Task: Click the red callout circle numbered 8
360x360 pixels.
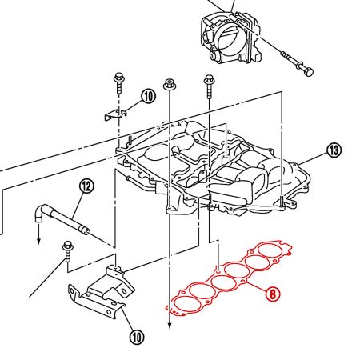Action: point(272,294)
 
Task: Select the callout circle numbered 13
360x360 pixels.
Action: point(334,150)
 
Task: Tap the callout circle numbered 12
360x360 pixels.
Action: point(86,186)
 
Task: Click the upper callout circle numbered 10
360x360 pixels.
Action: point(148,96)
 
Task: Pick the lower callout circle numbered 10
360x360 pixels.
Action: point(137,337)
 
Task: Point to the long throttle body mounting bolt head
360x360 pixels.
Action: point(309,71)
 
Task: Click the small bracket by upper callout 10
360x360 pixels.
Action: point(115,114)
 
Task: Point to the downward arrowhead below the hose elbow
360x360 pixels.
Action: point(39,241)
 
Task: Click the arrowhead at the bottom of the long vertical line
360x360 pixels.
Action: point(170,326)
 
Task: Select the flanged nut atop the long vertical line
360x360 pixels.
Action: point(169,85)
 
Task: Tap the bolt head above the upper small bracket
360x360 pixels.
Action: point(118,77)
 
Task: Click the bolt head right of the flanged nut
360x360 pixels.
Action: point(209,79)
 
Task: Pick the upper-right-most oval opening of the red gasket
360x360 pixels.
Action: point(270,251)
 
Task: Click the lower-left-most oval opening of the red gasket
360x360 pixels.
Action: point(187,304)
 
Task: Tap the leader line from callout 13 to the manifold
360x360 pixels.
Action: point(313,158)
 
